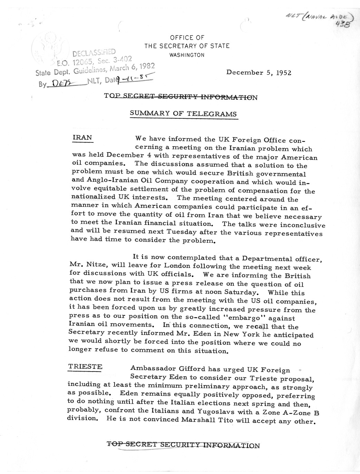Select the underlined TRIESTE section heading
click(85, 366)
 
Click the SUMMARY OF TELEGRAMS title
click(183, 114)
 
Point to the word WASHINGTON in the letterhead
click(187, 55)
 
